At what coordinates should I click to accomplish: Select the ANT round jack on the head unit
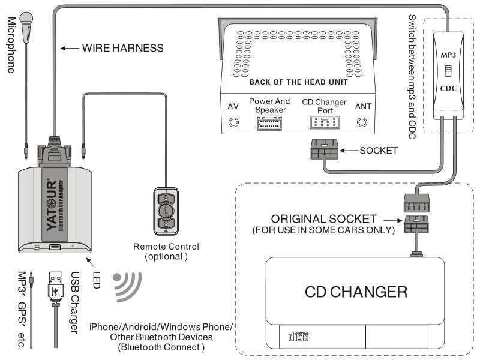tap(362, 123)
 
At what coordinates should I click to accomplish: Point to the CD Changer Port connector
tap(325, 122)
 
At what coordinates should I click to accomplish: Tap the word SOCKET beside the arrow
tap(379, 151)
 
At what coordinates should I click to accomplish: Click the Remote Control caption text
tap(166, 246)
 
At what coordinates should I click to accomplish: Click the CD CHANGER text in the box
tap(356, 292)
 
